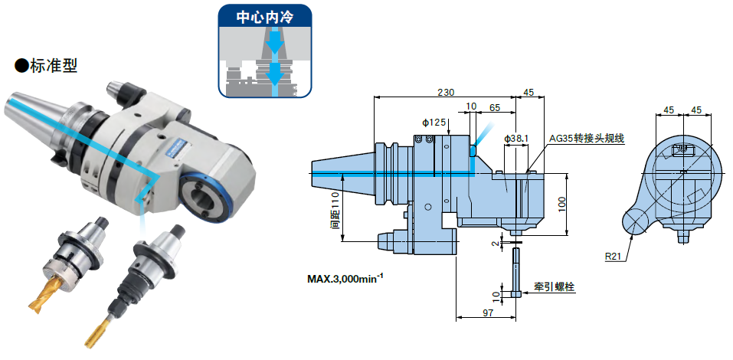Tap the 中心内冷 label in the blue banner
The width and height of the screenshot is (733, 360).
(x=265, y=15)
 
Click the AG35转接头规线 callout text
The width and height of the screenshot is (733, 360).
(x=587, y=139)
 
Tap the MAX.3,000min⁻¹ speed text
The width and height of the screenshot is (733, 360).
(x=345, y=278)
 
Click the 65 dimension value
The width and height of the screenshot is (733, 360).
(x=495, y=108)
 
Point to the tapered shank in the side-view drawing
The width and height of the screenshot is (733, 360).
(x=342, y=174)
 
